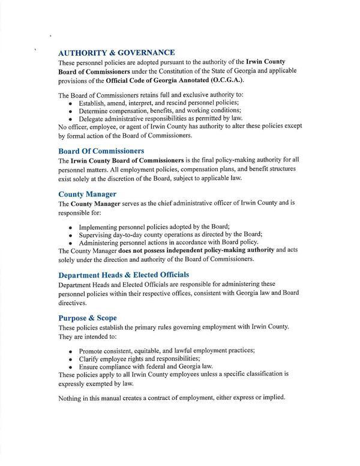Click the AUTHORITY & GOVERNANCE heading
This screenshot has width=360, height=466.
(x=116, y=52)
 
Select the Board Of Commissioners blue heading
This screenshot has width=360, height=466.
(x=101, y=151)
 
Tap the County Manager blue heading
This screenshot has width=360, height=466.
(x=87, y=194)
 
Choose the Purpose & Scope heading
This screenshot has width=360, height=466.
(x=88, y=317)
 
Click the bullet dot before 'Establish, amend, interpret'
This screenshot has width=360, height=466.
(x=71, y=103)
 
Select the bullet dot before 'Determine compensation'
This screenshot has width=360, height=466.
(x=71, y=111)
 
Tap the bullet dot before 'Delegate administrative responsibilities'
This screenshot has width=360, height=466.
(x=71, y=119)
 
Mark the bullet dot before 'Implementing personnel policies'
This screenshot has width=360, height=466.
(x=71, y=226)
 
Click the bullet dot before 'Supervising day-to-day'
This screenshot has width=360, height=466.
(x=71, y=234)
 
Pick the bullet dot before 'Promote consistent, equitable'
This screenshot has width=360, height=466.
(x=71, y=350)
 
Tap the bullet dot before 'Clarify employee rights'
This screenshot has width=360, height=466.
(x=71, y=358)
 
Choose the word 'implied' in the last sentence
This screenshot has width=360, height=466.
(x=272, y=398)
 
